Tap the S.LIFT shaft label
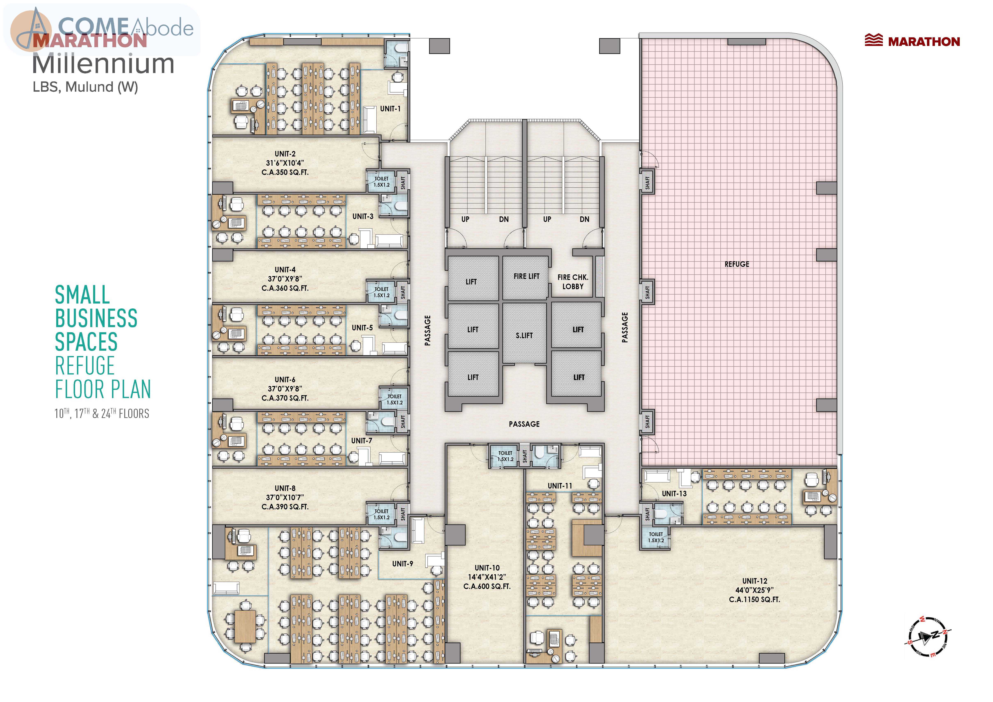coord(524,335)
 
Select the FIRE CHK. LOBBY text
coord(573,282)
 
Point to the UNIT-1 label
coord(390,108)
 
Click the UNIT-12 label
coord(755,581)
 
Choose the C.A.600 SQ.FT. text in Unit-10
coord(487,587)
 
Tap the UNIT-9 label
coord(402,564)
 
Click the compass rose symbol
coord(928,636)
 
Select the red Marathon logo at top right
coord(912,41)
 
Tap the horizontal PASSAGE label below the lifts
coord(524,424)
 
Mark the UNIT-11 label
coord(560,486)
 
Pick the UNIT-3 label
coord(362,216)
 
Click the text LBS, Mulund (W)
coord(85,87)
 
